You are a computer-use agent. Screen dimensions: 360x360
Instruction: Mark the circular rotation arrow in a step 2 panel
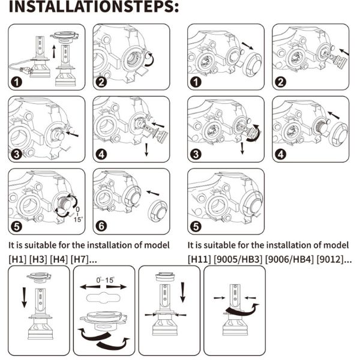click(x=148, y=59)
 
